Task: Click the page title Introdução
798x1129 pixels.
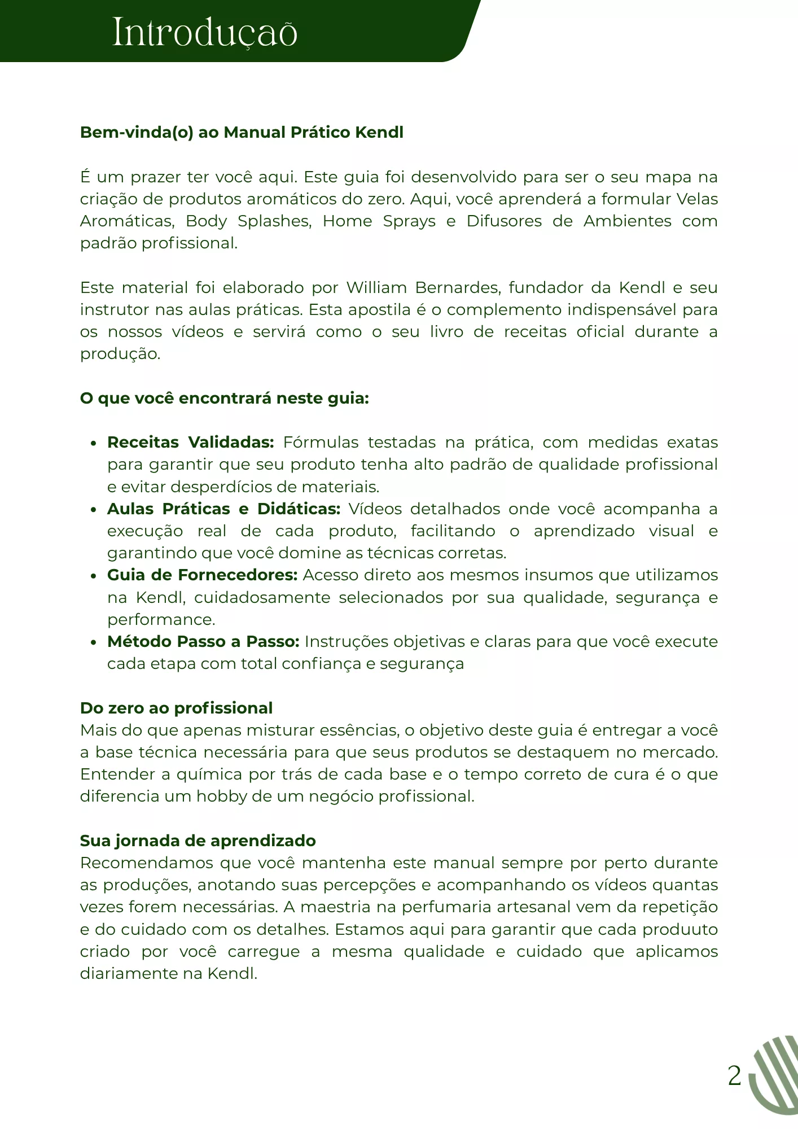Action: point(205,33)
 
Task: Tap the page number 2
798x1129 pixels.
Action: point(734,1076)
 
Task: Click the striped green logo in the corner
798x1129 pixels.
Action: point(774,1075)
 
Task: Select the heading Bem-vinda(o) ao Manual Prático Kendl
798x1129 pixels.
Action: point(242,132)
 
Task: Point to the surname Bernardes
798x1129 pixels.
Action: point(458,288)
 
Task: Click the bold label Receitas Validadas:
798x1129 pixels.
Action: point(190,443)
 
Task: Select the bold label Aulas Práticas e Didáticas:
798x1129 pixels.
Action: point(223,509)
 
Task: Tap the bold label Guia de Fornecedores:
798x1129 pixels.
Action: point(202,575)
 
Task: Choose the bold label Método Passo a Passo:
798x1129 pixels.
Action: point(203,642)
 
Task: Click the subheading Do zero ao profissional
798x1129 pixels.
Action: point(176,708)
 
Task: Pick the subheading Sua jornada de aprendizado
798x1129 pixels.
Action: point(198,841)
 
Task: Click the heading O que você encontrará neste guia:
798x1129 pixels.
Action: point(224,399)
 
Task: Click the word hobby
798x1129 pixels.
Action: point(220,797)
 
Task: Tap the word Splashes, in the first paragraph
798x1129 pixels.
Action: point(274,221)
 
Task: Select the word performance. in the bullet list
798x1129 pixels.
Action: point(161,620)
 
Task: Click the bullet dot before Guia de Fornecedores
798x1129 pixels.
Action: point(94,576)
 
